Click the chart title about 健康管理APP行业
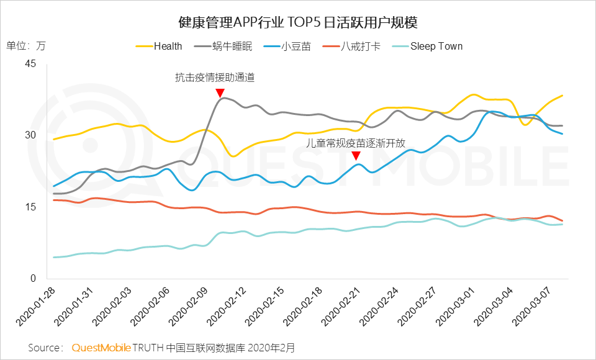pyautogui.click(x=297, y=23)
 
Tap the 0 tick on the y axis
pyautogui.click(x=35, y=279)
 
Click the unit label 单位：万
pyautogui.click(x=25, y=46)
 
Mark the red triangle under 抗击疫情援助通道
pyautogui.click(x=220, y=93)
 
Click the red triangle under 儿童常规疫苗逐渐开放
pyautogui.click(x=356, y=156)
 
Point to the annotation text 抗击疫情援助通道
pyautogui.click(x=215, y=78)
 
